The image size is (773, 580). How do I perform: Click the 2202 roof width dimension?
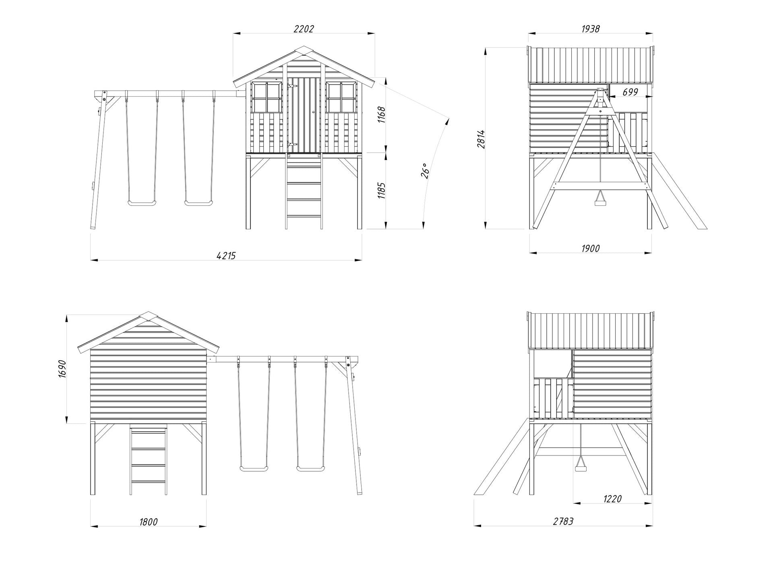coord(304,29)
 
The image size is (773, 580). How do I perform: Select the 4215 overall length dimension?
coord(226,255)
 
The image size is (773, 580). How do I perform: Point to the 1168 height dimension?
coord(382,115)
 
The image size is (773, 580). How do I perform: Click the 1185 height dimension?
coord(382,191)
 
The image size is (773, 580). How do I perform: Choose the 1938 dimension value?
coord(591,29)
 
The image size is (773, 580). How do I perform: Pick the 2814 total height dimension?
coord(481,139)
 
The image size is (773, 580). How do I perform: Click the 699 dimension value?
coord(630,92)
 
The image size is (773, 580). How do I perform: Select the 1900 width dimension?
coord(591,248)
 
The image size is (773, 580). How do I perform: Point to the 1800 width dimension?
coord(148,522)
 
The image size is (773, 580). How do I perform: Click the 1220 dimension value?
coord(612,499)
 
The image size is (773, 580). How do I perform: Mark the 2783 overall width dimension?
coord(563,521)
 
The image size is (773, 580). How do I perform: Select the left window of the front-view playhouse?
coord(266,97)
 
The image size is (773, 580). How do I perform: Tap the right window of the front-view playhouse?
coord(341,97)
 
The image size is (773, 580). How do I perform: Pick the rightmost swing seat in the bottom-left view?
coord(310,468)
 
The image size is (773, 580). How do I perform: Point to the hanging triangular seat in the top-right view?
coord(600,199)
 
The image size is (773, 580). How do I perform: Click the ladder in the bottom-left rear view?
coord(148,462)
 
